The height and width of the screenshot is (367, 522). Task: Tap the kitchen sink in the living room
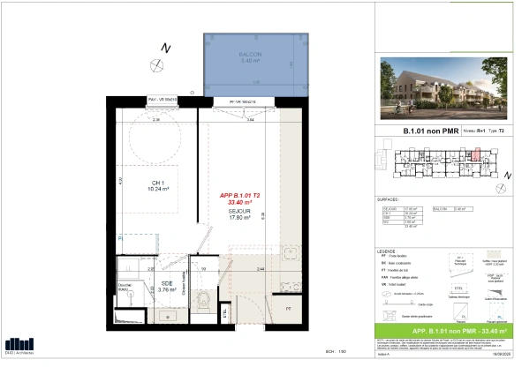pyautogui.click(x=292, y=255)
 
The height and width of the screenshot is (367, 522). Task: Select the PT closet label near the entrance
pyautogui.click(x=289, y=308)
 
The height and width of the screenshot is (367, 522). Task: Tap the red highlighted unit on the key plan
pyautogui.click(x=474, y=159)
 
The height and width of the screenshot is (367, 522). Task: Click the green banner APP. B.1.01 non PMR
pyautogui.click(x=439, y=332)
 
